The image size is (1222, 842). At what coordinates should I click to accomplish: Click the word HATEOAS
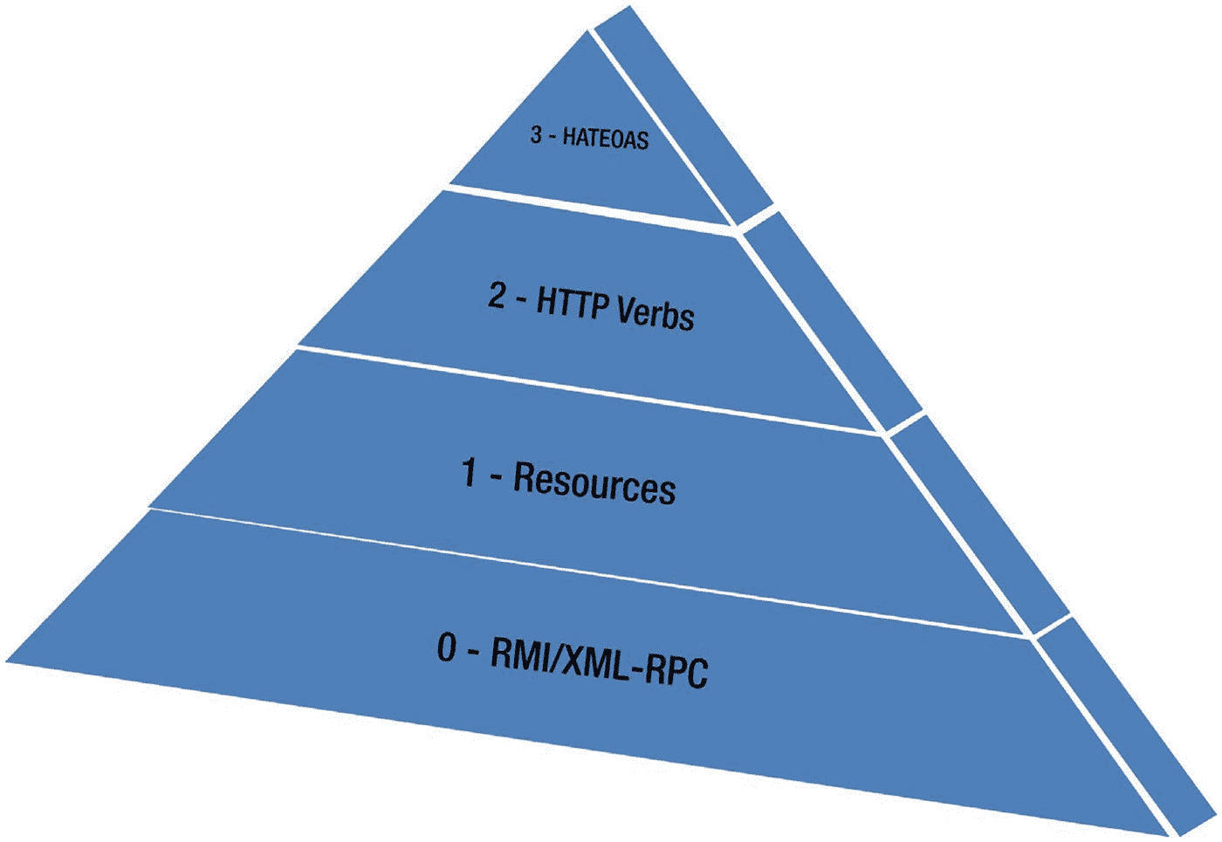pos(605,139)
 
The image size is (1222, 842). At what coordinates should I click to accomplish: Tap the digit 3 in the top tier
pos(536,134)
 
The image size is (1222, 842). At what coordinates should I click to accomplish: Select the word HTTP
pos(571,305)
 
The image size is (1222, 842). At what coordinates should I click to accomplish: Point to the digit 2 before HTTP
pos(497,296)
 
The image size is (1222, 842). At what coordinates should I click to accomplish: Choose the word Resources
pos(594,483)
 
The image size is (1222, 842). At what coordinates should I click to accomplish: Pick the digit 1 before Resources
pos(470,472)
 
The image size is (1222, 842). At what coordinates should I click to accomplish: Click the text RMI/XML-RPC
pos(599,662)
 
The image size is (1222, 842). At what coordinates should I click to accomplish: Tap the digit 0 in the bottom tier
pos(447,647)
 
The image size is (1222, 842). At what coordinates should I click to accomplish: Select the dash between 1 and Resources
pos(495,477)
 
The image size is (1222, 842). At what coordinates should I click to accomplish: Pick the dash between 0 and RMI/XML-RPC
pos(474,653)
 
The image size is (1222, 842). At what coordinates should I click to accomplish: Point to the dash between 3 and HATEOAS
pos(552,136)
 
